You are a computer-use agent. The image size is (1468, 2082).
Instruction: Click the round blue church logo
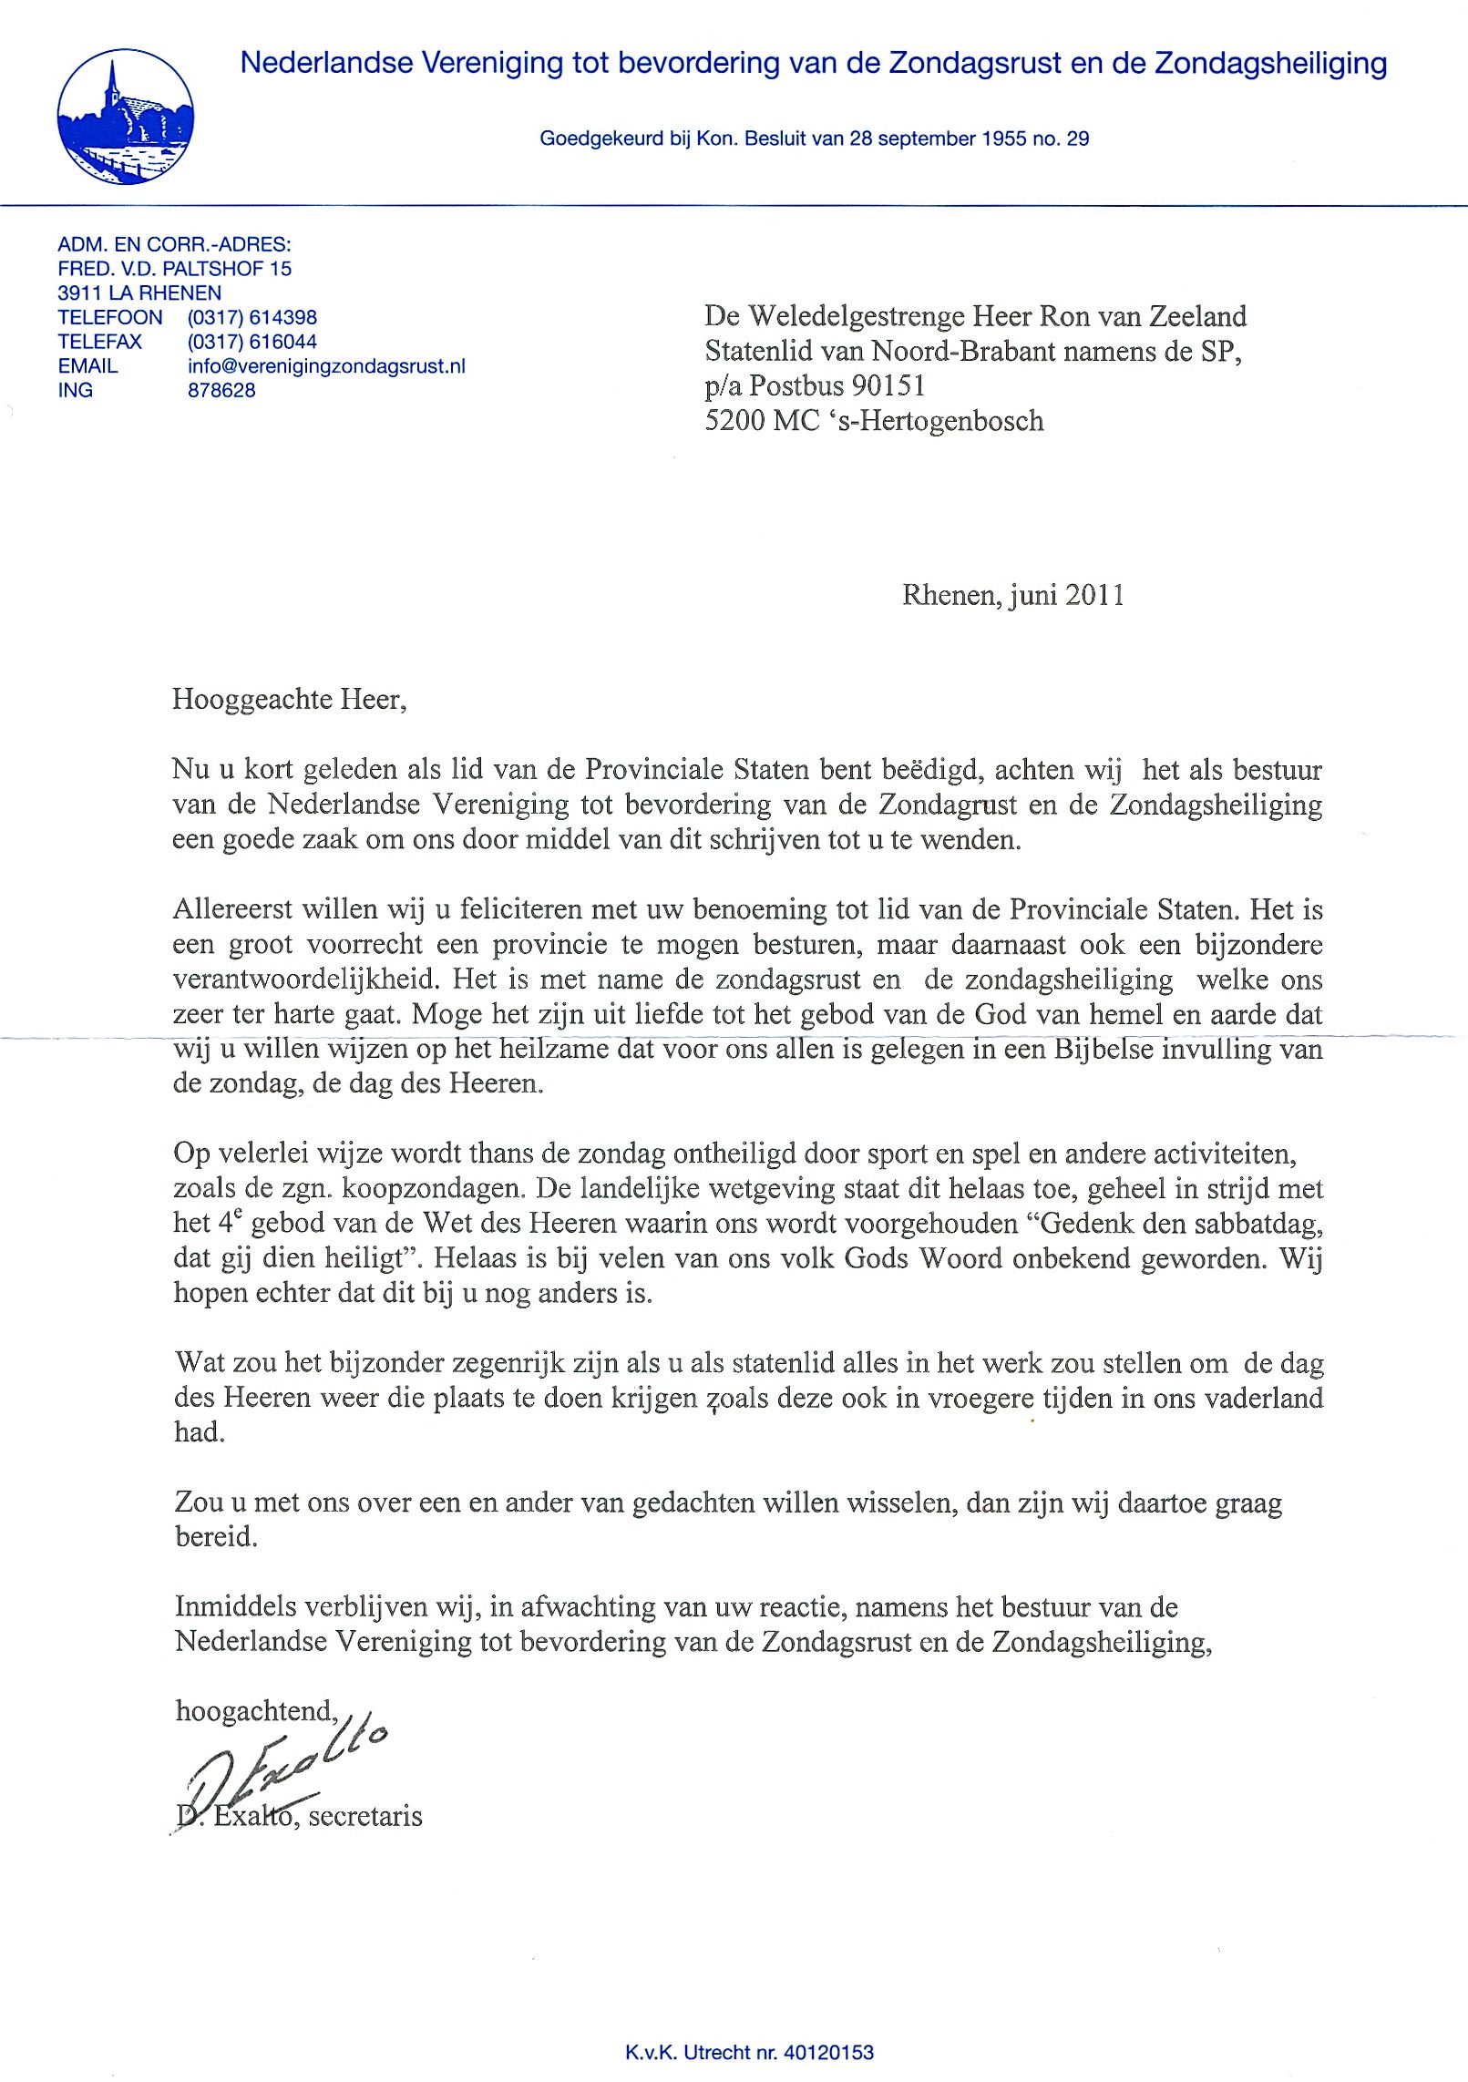(125, 117)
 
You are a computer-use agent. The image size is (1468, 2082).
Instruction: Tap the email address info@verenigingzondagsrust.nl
(326, 366)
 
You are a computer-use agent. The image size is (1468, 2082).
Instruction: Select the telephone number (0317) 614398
(252, 317)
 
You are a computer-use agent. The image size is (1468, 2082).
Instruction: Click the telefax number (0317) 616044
(252, 342)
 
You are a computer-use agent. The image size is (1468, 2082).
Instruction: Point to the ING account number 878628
(221, 390)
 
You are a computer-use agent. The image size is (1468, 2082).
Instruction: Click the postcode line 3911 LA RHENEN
(139, 293)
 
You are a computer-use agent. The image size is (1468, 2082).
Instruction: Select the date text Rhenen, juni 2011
(1012, 595)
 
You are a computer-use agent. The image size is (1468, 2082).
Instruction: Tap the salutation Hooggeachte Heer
(288, 700)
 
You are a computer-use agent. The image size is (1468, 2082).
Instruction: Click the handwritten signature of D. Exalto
(282, 1769)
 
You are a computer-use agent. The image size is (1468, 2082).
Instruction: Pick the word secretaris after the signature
(365, 1816)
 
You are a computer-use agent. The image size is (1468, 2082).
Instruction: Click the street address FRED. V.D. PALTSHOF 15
(174, 269)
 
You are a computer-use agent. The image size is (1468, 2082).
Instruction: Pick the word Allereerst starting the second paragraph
(232, 909)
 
